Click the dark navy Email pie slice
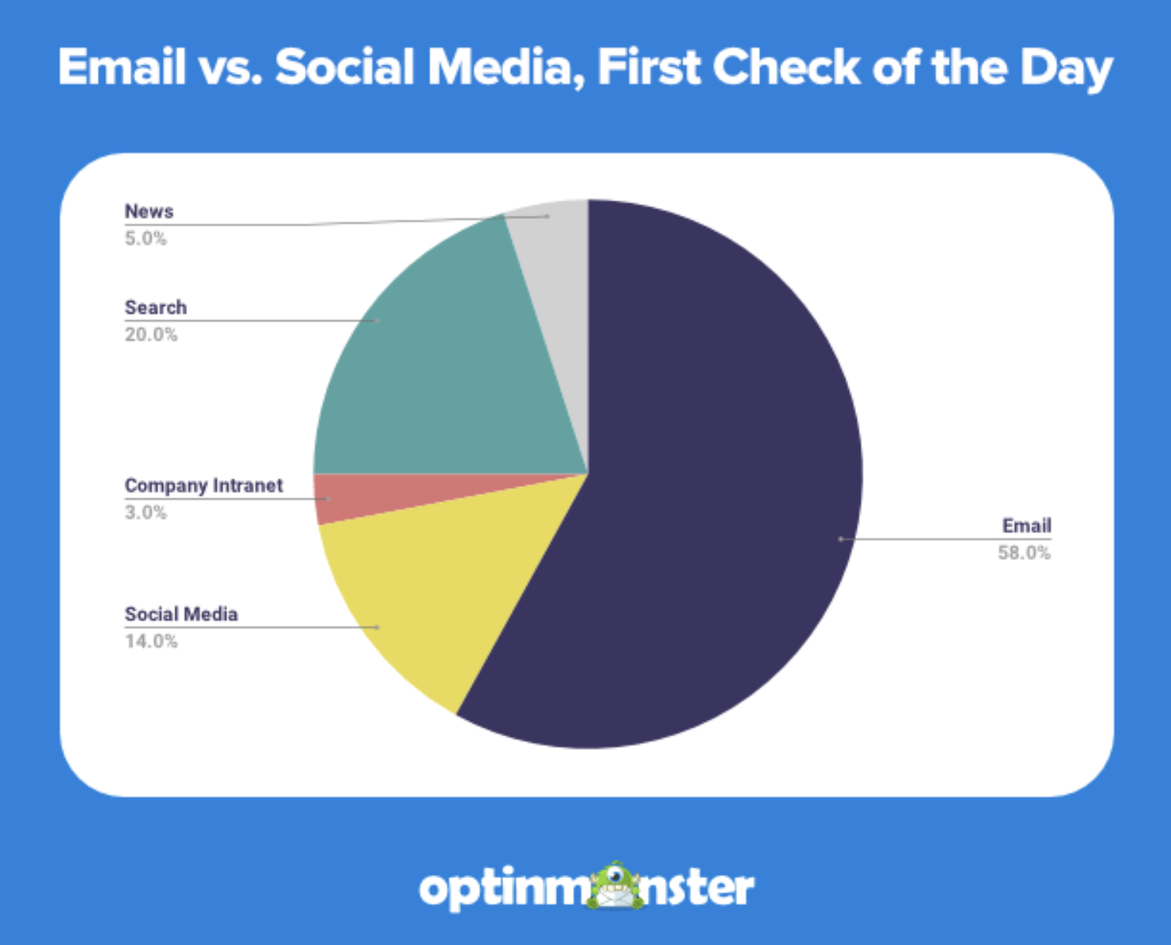coord(692,476)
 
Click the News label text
coord(149,211)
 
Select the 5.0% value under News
coord(146,238)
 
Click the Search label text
coord(156,307)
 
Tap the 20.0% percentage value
coord(151,334)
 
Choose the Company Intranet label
coord(204,486)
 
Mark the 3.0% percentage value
coord(146,512)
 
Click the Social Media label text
coord(181,614)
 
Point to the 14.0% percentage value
coord(151,641)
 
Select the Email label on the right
coord(1027,526)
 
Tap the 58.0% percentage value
coord(1024,552)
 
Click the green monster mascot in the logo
coord(615,886)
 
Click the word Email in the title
coord(122,68)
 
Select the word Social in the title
coord(345,68)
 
